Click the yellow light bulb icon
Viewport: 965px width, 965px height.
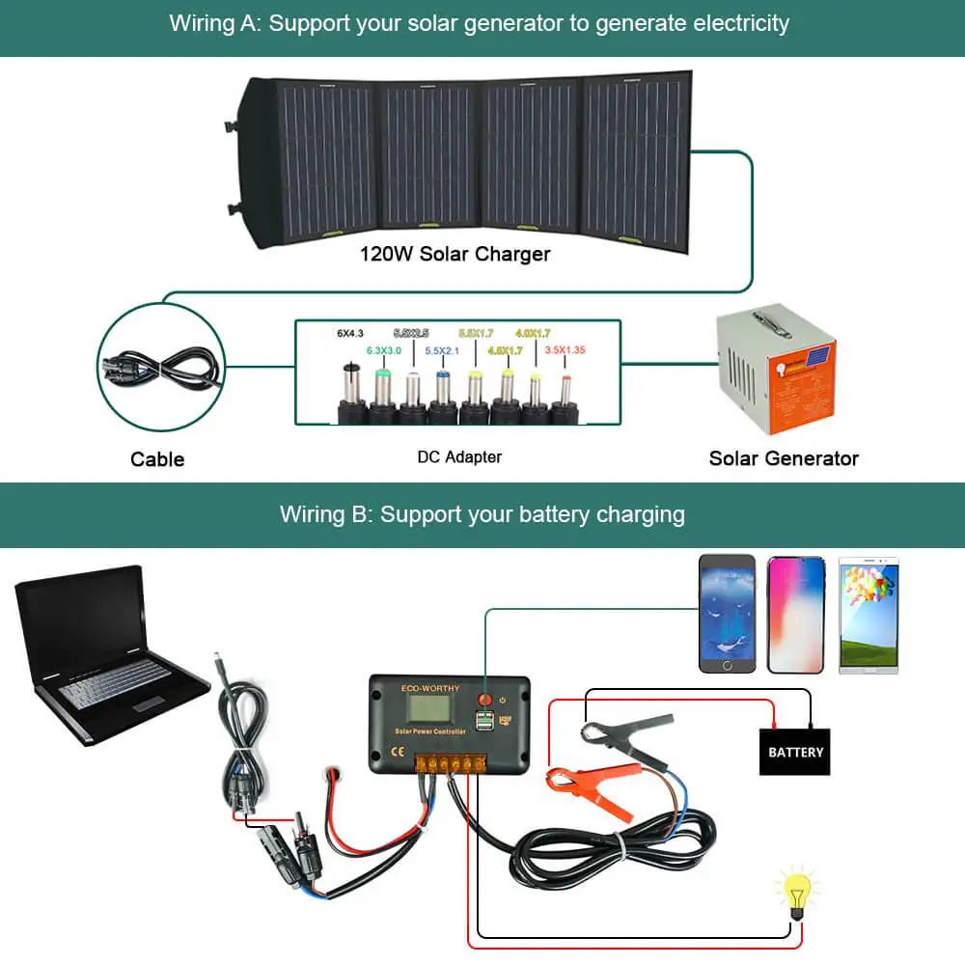797,894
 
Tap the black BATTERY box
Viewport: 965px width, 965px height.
795,752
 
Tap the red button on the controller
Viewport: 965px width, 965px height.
485,698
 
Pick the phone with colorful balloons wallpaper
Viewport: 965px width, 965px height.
868,614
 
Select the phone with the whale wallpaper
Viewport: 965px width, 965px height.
728,614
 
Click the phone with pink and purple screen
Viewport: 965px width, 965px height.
796,614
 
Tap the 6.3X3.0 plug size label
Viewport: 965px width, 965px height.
383,350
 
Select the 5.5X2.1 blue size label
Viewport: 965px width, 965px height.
442,350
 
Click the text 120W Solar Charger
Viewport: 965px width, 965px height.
455,255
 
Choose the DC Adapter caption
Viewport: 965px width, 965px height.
459,457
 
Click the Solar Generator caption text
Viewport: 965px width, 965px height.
784,458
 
